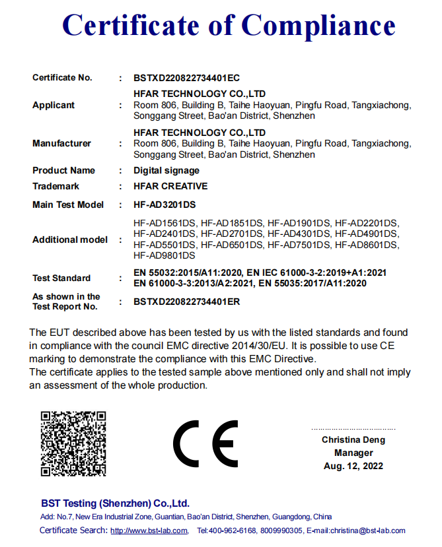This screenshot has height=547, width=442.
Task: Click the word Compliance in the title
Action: (x=318, y=25)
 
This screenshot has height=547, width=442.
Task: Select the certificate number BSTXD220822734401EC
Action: (x=186, y=78)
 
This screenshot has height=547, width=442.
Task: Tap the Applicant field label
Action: (x=54, y=106)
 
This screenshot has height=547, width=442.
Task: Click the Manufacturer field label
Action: (x=61, y=143)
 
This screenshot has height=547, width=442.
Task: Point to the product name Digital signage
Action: (x=166, y=170)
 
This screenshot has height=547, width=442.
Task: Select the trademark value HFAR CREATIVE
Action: (x=170, y=186)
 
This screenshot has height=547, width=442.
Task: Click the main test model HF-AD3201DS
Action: (x=165, y=205)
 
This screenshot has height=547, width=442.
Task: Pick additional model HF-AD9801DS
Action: (x=164, y=255)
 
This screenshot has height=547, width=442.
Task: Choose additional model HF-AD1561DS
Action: (x=165, y=223)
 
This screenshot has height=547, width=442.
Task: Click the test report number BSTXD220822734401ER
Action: (x=186, y=302)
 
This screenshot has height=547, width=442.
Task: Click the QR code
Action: (x=73, y=443)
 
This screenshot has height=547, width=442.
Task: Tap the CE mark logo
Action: (x=205, y=443)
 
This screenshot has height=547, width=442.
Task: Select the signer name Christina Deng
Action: (x=353, y=439)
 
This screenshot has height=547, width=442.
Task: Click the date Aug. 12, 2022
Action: (x=353, y=466)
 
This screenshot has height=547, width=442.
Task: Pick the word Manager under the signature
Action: (x=353, y=453)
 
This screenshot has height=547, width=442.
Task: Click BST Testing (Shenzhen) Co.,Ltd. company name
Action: (x=115, y=503)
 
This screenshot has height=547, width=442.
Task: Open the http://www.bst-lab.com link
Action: (x=149, y=531)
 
